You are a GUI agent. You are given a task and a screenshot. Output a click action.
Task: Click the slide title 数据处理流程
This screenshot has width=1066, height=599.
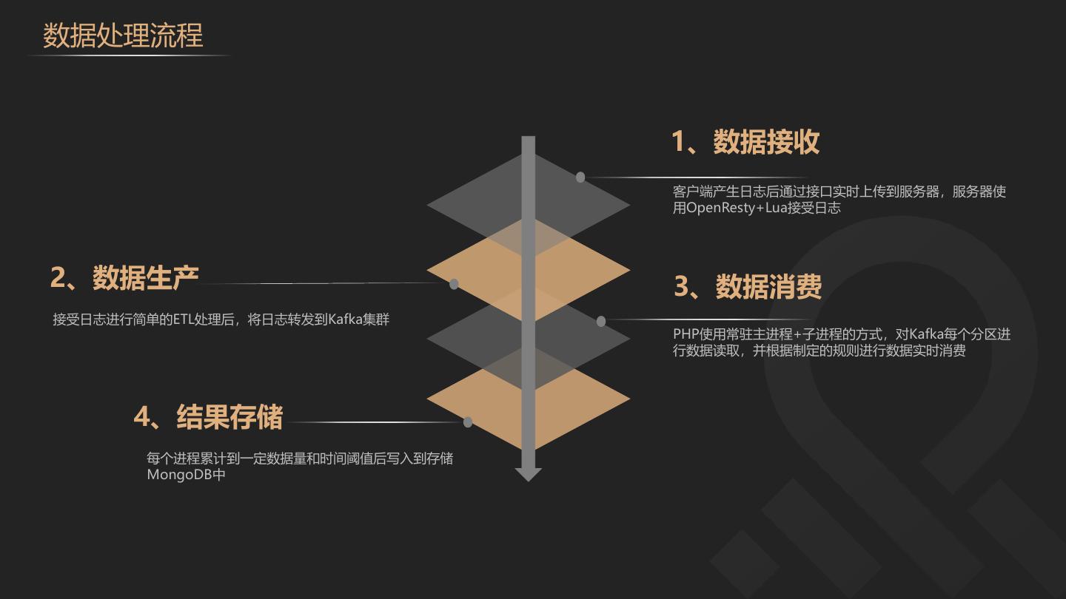click(x=123, y=35)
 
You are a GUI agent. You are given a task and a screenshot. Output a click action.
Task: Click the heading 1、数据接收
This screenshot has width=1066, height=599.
click(x=745, y=142)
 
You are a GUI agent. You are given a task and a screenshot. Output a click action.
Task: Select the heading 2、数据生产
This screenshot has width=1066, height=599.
click(x=124, y=277)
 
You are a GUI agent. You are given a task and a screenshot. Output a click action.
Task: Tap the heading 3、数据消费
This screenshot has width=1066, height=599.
click(x=748, y=287)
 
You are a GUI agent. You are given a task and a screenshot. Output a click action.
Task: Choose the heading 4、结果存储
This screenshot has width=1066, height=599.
click(x=208, y=417)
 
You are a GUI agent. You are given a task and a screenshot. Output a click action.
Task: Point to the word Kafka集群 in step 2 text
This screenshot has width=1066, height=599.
click(x=358, y=319)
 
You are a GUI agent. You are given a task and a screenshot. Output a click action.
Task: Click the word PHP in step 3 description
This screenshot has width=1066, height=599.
click(x=685, y=334)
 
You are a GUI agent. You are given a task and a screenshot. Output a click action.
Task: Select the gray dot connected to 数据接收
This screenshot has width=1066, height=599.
click(x=580, y=177)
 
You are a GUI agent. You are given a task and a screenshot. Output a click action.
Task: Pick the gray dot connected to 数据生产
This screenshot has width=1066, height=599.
click(x=454, y=284)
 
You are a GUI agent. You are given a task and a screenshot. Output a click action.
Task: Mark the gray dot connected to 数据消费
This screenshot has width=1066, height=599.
click(x=601, y=321)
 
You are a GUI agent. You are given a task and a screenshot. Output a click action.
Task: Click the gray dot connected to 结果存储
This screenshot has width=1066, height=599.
click(x=468, y=422)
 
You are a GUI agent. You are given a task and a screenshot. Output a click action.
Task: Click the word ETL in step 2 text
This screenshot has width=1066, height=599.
click(x=183, y=319)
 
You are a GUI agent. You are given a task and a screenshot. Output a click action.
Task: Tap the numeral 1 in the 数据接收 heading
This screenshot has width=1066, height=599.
click(x=678, y=142)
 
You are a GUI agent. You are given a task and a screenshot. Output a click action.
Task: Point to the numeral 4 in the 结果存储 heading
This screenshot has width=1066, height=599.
click(x=141, y=417)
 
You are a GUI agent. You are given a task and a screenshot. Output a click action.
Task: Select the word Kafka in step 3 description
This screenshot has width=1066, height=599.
click(x=925, y=334)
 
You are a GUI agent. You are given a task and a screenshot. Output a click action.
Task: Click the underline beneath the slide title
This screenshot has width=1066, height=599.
click(x=130, y=55)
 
